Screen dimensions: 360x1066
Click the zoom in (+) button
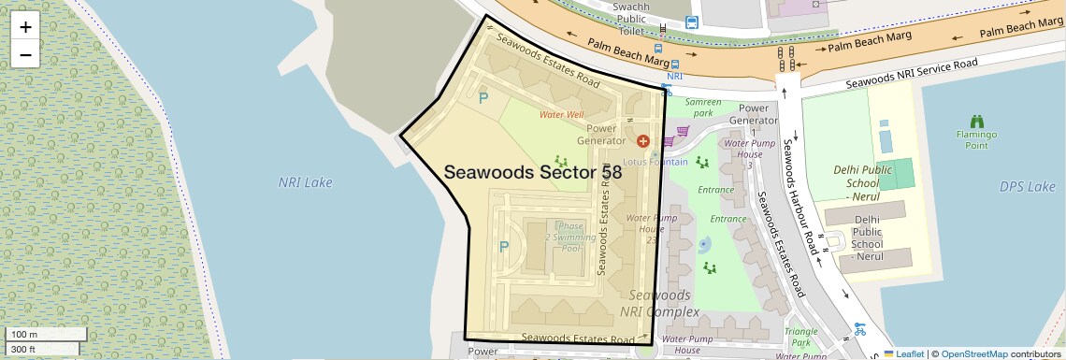click(25, 27)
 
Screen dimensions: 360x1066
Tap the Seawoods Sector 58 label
click(533, 173)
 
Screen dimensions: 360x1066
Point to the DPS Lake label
click(1027, 186)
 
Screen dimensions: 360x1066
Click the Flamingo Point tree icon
click(977, 122)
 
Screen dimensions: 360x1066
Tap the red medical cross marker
click(642, 141)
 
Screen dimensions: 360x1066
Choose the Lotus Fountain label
click(655, 162)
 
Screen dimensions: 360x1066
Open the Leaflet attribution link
click(904, 353)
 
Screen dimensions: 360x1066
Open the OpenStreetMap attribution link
click(974, 353)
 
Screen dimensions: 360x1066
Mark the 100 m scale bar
click(47, 335)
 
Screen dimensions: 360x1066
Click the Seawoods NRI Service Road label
click(912, 73)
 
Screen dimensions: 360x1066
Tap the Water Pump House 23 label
click(651, 229)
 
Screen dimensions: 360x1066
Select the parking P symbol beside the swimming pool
click(504, 247)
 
